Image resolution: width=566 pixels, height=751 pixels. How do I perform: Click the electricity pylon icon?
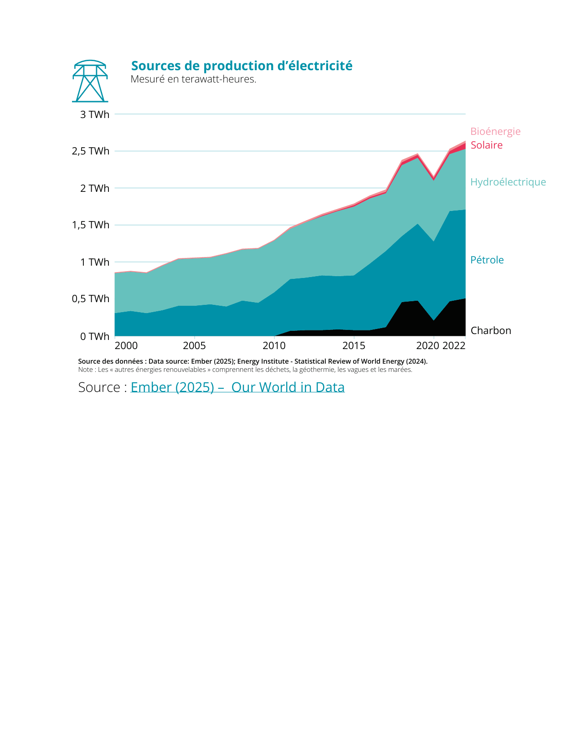coord(90,81)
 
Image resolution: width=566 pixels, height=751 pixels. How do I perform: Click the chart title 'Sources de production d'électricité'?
coord(242,66)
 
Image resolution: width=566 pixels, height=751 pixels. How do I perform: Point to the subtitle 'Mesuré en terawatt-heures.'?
coord(193,79)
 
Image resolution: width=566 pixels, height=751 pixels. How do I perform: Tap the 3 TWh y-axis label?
coord(95,115)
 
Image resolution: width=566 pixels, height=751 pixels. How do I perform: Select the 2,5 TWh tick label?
coord(91,151)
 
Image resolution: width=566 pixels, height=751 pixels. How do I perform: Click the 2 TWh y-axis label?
coord(95,188)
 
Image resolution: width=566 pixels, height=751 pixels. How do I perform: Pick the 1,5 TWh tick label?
coord(91,225)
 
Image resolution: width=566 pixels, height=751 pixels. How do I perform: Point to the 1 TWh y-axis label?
coord(95,262)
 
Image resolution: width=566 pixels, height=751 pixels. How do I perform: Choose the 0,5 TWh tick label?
coord(91,299)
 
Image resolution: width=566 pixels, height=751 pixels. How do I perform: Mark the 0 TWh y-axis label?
coord(95,337)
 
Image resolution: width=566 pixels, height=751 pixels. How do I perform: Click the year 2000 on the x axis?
coord(126,346)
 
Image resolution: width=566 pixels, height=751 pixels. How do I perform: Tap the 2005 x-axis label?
coord(194,346)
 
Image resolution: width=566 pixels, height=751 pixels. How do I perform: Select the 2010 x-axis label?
coord(274,346)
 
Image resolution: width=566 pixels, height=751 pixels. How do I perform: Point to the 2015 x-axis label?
coord(354,346)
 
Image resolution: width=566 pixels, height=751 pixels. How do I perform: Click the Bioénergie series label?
coord(495,132)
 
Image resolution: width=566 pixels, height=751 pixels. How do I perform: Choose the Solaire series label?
coord(486,145)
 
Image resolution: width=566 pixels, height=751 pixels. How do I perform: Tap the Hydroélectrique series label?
coord(508,182)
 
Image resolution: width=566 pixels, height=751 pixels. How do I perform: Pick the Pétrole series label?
coord(487,260)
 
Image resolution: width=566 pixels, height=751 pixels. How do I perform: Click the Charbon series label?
coord(491,331)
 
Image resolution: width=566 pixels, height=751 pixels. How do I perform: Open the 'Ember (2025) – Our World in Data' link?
coord(237,387)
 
